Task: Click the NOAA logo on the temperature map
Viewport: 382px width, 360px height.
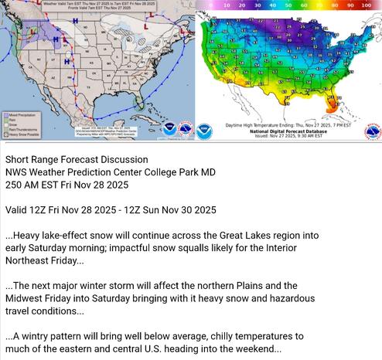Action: click(x=204, y=131)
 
